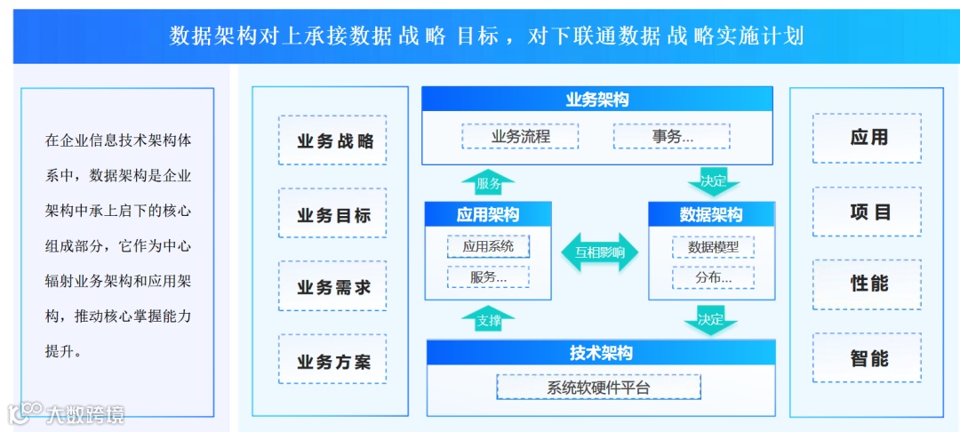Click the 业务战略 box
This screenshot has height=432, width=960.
coord(332,140)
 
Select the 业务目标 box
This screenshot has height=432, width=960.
coord(332,213)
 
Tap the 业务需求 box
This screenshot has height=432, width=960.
coord(332,286)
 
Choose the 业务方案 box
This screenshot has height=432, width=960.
coord(332,360)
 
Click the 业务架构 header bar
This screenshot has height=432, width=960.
coord(596,100)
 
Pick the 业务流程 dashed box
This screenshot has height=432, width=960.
coord(520,136)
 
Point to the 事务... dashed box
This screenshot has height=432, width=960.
coord(671,136)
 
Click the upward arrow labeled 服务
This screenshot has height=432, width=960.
coord(488,183)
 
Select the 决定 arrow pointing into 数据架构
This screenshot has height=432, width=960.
coord(713,182)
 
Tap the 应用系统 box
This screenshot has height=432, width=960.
coord(488,245)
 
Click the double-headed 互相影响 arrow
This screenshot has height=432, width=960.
coord(600,252)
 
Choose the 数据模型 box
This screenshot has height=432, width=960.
coord(713,246)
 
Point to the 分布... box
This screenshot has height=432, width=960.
coord(713,277)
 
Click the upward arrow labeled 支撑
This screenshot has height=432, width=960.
coord(488,320)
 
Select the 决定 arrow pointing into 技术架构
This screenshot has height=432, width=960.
coord(711,321)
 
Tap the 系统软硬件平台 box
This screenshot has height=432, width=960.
coord(598,388)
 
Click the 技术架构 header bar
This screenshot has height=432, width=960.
coord(601,353)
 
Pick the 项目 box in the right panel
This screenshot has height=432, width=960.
coord(868,212)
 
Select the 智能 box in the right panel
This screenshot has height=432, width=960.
coord(868,358)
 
